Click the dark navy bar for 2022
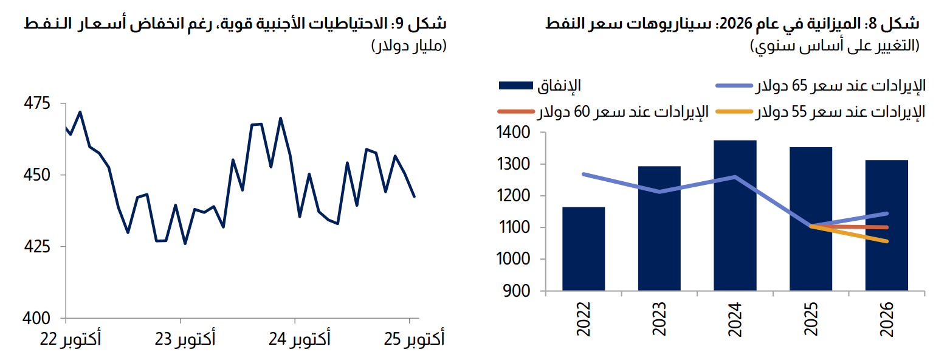point(584,249)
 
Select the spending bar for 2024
point(735,216)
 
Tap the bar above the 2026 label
point(886,226)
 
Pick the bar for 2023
point(659,229)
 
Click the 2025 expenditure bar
point(811,219)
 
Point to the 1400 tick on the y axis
point(513,133)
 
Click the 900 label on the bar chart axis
point(517,291)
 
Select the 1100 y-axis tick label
point(513,228)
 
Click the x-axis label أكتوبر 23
point(185,339)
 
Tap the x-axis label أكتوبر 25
point(415,339)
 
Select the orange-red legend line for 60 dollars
point(516,112)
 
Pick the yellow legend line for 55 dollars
point(734,112)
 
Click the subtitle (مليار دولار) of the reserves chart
point(408,46)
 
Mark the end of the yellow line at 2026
point(887,241)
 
